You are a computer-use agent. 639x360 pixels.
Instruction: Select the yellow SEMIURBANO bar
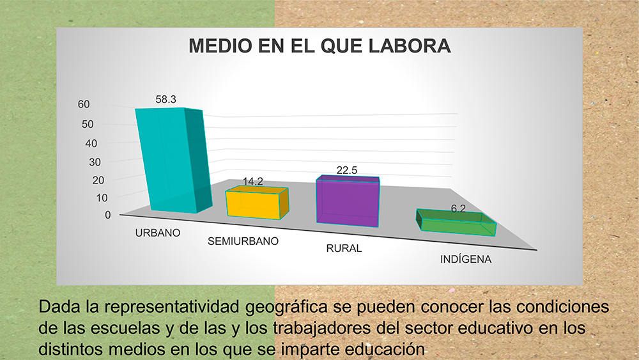coord(257,203)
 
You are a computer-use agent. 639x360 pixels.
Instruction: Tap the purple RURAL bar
coord(348,201)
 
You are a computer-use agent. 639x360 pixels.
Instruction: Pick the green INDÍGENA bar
coord(456,223)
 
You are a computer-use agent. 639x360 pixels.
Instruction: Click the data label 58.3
coord(166,100)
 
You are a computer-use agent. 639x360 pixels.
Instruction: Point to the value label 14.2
coord(252,182)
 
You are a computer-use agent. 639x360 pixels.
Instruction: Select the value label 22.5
coord(347,171)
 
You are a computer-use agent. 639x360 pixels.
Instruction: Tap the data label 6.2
coord(458,208)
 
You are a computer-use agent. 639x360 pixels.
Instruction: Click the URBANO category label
coord(158,233)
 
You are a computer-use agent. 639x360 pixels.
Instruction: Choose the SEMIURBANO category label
coord(243,241)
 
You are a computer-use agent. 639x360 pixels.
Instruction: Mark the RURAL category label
coord(344,248)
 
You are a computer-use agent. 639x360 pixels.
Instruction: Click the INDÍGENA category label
coord(466,260)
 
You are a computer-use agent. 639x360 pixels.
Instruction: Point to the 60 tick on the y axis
coord(84,104)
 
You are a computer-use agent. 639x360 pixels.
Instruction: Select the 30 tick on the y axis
coord(95,162)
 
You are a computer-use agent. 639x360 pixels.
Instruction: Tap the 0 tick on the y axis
coord(107,215)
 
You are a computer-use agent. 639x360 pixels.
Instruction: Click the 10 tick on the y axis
coord(102,198)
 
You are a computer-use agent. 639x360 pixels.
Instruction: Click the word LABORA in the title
coord(410,46)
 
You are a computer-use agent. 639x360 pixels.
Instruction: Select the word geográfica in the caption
coord(286,306)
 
